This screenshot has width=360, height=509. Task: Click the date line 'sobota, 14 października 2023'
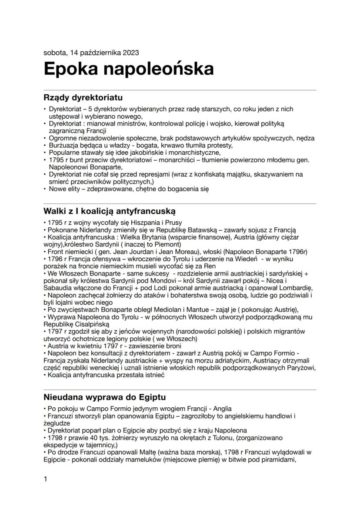(91, 53)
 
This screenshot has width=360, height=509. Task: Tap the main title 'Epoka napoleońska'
(129, 69)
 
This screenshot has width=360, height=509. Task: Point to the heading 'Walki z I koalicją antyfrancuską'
(109, 211)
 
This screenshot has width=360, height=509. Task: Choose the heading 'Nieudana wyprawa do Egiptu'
(104, 397)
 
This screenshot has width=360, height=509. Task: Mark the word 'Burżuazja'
(63, 145)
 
